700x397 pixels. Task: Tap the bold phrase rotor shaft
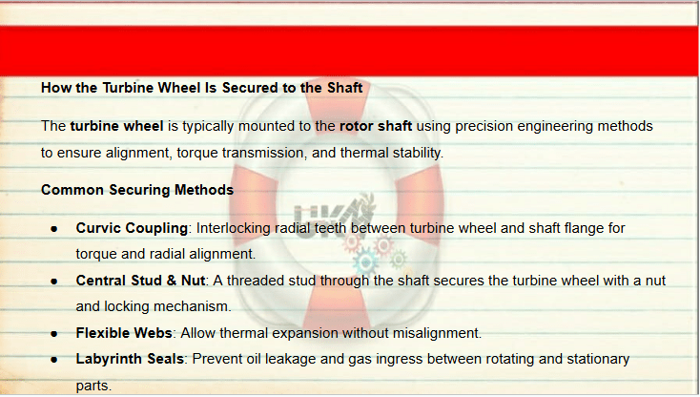(376, 126)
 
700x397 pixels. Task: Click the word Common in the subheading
(72, 190)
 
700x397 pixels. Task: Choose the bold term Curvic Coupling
(132, 229)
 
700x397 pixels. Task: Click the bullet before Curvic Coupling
(54, 229)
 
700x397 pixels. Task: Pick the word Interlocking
(234, 229)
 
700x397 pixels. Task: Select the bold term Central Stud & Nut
(140, 281)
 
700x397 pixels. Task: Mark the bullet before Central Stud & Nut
(54, 282)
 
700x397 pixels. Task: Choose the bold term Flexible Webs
(124, 333)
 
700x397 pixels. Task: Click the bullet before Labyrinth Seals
(54, 360)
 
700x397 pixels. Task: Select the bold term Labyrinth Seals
(130, 360)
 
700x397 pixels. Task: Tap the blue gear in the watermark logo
(365, 262)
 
